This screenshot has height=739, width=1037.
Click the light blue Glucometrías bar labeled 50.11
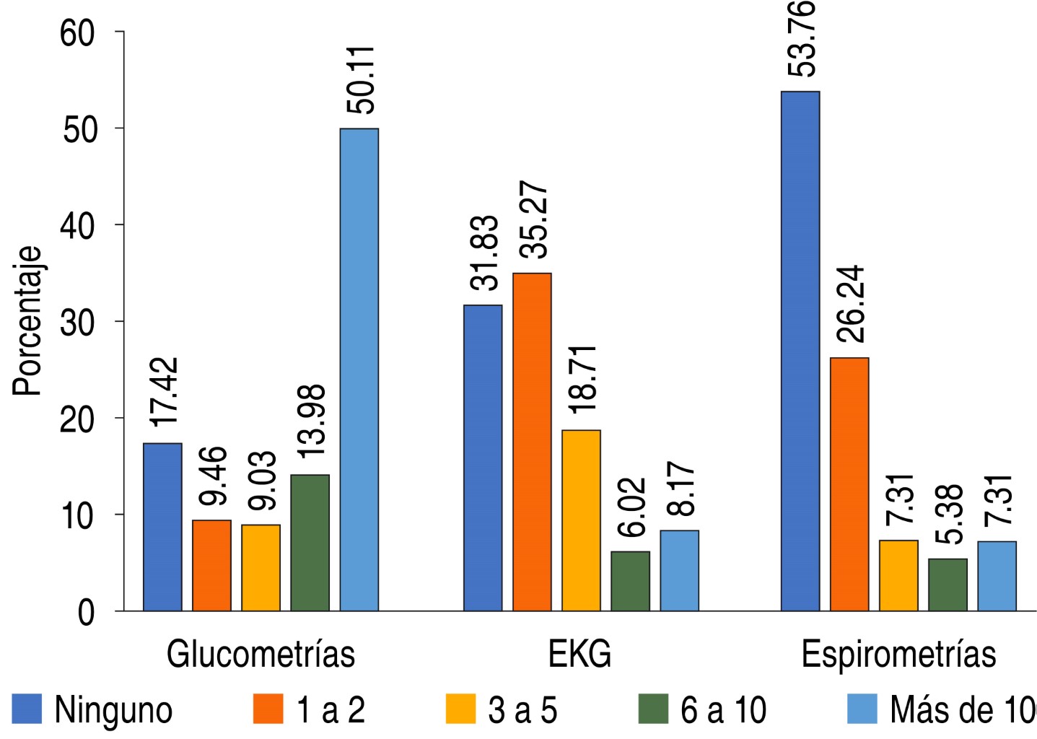pos(359,369)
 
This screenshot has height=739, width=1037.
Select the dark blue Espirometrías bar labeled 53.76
pos(800,351)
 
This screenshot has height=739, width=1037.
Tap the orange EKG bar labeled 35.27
pos(532,442)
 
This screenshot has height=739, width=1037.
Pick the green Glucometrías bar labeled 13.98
pos(310,543)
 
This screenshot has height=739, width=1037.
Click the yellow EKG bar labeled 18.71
pos(581,520)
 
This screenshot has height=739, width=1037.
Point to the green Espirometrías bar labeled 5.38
pos(948,585)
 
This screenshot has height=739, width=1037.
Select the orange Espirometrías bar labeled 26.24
pos(849,484)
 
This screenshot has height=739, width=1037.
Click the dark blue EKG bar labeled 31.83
pos(483,458)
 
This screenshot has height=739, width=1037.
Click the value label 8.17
pos(681,489)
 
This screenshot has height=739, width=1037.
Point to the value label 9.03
pos(261,480)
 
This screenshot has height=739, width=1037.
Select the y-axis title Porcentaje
pos(27,321)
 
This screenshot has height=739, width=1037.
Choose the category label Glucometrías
pos(261,655)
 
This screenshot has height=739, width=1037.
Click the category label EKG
pos(579,655)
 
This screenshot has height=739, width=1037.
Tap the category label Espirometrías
pos(898,655)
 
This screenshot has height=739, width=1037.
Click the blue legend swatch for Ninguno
pos(27,709)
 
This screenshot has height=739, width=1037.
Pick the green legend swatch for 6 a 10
pos(653,709)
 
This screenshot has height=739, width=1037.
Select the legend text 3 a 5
pos(522,710)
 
